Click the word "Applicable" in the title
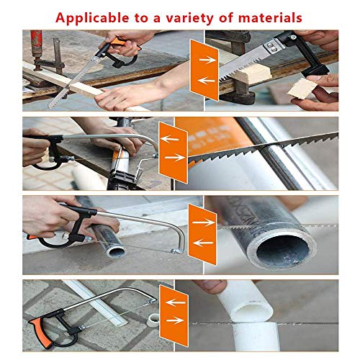pos(92,18)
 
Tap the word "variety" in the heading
pos(189,18)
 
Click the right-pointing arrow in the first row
pos(207,60)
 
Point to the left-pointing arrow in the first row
pos(206,81)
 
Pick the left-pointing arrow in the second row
pos(169,139)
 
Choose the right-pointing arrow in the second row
pos(174,158)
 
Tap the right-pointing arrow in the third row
pos(204,222)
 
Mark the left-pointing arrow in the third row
pos(203,243)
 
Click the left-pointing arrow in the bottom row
pos(176,302)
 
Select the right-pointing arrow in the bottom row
pos(175,320)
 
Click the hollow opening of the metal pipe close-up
pos(282,251)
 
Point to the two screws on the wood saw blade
pos(271,47)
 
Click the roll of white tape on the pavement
pos(153,320)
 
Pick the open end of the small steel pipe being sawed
pos(116,252)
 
